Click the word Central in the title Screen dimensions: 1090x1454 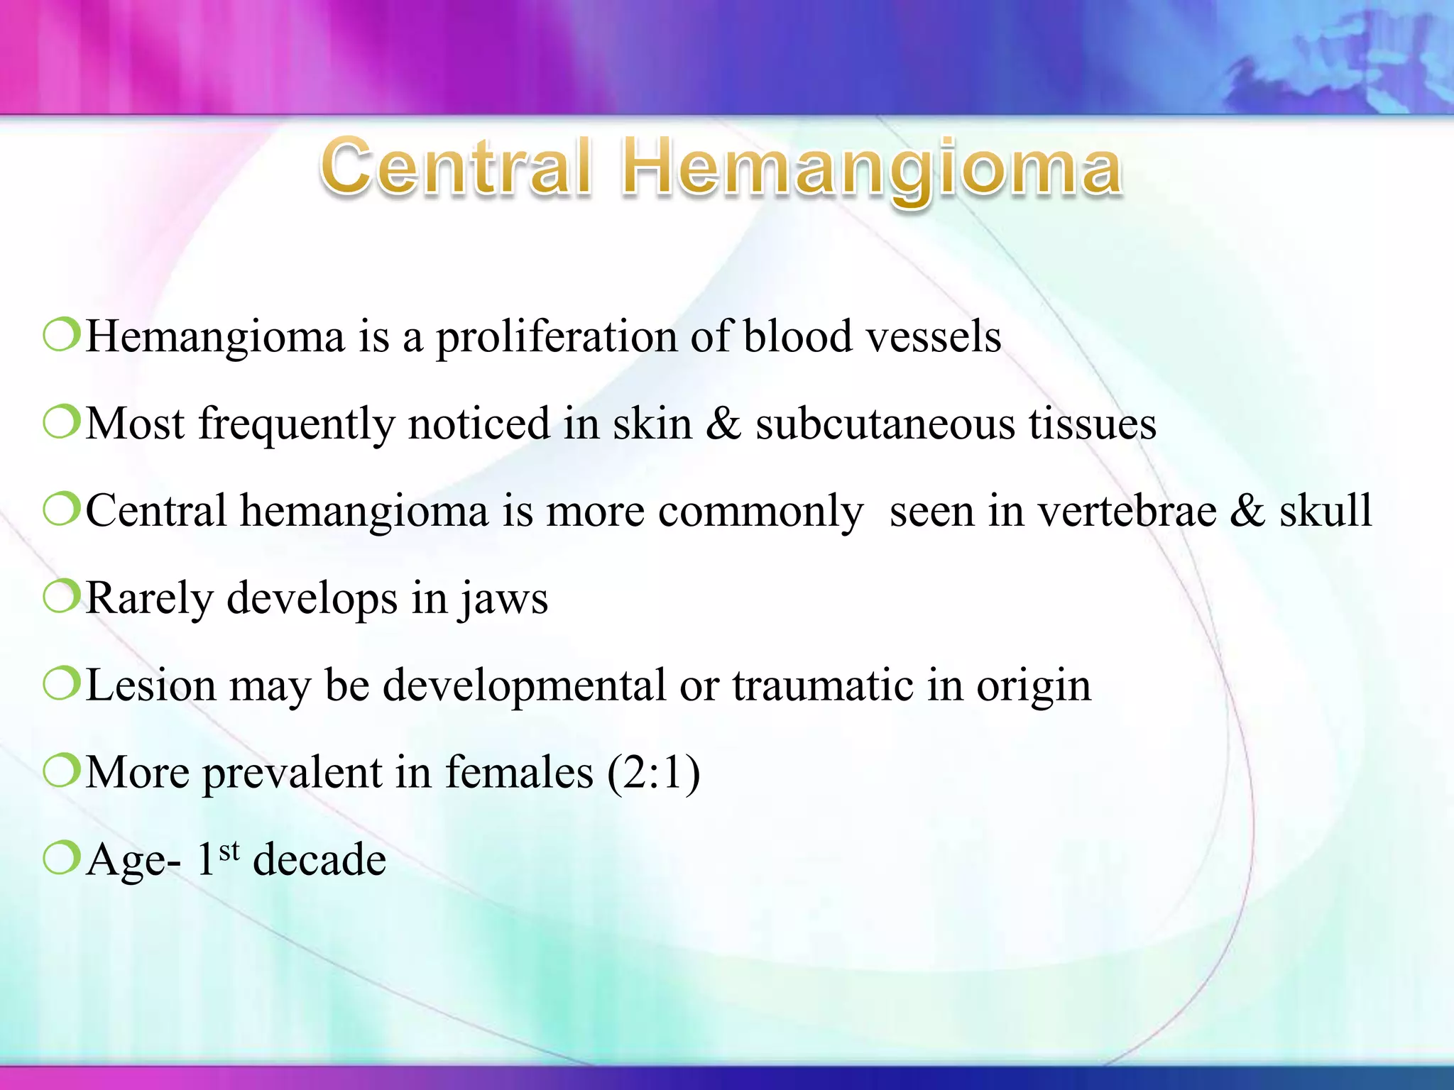456,167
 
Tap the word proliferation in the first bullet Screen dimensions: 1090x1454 556,337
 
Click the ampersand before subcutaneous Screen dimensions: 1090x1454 723,424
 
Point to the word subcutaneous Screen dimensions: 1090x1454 885,424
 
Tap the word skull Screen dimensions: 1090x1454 1325,511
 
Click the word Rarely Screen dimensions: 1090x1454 149,598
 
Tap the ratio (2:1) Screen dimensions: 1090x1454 653,773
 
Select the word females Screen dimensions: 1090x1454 518,773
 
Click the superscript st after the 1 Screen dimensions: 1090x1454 229,850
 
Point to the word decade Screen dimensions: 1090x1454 319,860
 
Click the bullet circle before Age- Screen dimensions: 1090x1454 61,858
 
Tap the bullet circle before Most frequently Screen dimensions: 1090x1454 61,422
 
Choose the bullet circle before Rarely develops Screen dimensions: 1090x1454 61,597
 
